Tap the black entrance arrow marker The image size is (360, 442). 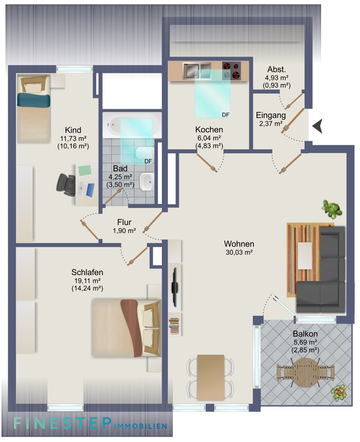318,126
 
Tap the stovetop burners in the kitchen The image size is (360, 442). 232,71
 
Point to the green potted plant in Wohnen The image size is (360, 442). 332,209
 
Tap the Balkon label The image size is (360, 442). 306,334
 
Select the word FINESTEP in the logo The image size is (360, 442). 62,423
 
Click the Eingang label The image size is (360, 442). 271,115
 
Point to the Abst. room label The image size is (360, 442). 277,68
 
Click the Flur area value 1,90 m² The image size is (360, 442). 124,231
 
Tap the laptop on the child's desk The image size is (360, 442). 86,188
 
